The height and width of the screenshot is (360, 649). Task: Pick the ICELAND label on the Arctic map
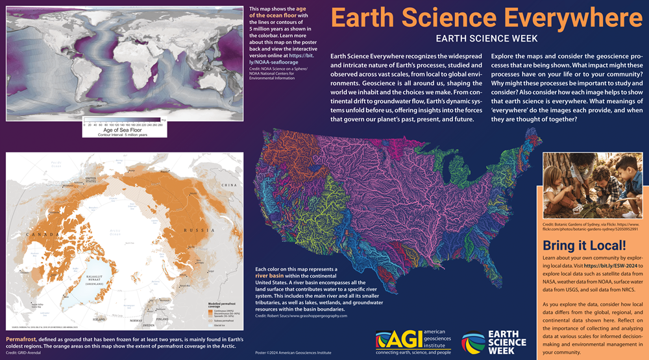[99, 320]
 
